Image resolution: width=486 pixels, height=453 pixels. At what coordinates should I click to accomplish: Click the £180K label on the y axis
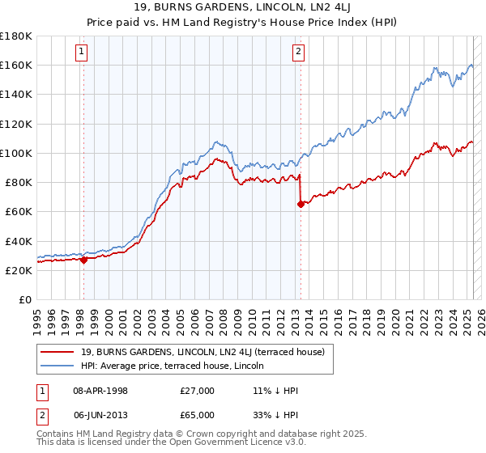[x=16, y=36]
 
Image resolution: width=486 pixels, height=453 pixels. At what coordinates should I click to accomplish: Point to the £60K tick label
[x=19, y=211]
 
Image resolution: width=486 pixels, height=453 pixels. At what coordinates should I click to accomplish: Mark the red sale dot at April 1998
[x=83, y=260]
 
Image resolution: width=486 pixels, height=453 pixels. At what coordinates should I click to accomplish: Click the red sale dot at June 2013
[x=301, y=204]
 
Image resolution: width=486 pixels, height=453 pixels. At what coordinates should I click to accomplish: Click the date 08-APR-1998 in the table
[x=100, y=390]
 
